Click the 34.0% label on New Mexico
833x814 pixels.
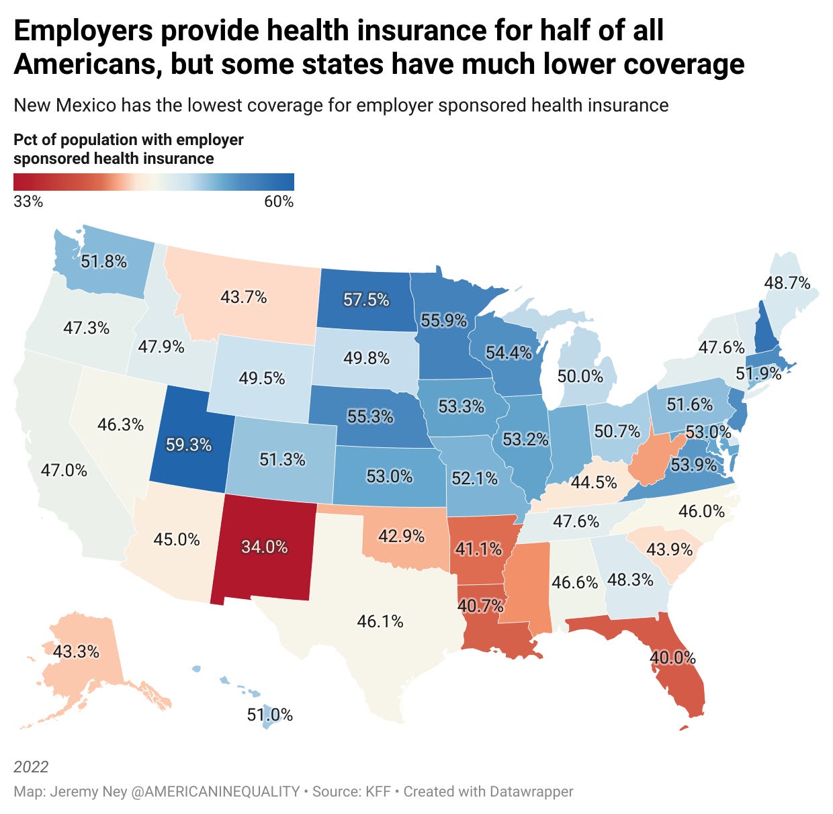click(x=265, y=547)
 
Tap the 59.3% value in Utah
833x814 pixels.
click(x=189, y=445)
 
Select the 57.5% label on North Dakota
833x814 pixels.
click(x=366, y=300)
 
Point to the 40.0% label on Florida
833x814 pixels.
click(x=672, y=658)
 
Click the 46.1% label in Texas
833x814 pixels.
click(x=380, y=621)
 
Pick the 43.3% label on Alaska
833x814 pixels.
click(x=76, y=651)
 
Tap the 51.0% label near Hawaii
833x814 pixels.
click(x=270, y=715)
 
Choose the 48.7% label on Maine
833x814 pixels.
click(x=787, y=283)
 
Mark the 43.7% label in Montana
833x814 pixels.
click(x=244, y=296)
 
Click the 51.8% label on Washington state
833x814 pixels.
click(x=104, y=261)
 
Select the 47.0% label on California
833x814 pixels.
click(x=64, y=470)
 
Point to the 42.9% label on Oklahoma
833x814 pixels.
click(x=402, y=536)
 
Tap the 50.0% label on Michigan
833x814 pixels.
click(x=580, y=376)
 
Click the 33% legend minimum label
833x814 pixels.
click(x=28, y=201)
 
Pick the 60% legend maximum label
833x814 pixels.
click(x=279, y=201)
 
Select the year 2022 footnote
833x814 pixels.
click(x=31, y=767)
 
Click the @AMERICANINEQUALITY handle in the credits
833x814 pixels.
click(x=214, y=791)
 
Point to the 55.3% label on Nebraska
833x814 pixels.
click(x=370, y=416)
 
